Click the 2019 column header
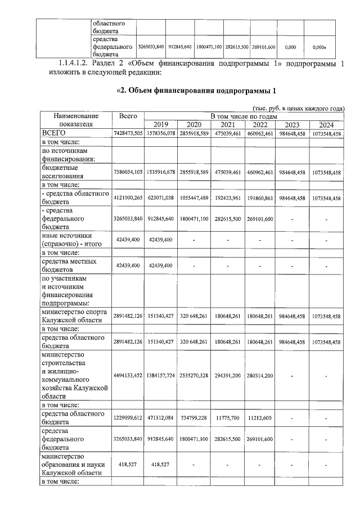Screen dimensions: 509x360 [161, 125]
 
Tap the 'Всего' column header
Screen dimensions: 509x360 [128, 116]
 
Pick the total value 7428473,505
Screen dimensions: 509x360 [128, 134]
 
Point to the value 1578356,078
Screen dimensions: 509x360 [161, 134]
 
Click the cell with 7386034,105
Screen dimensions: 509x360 [128, 172]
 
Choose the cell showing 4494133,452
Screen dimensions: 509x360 [128, 375]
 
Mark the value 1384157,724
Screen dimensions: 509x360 [161, 375]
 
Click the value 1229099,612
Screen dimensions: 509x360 [128, 419]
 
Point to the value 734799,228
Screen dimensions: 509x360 [194, 419]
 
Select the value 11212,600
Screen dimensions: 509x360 [259, 419]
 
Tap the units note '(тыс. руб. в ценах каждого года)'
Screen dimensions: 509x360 [296, 108]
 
